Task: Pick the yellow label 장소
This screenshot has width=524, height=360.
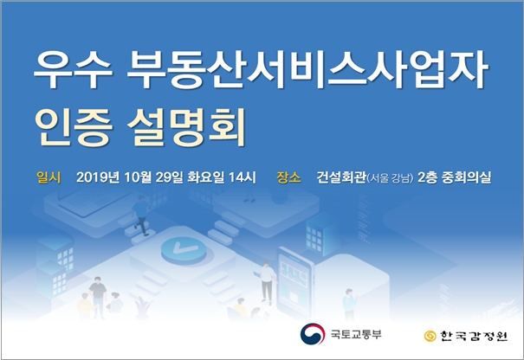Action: point(289,178)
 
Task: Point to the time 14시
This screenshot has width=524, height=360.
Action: point(253,178)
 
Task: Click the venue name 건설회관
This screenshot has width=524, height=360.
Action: point(340,178)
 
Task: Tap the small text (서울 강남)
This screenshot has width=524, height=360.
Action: point(389,179)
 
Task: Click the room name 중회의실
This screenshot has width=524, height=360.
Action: point(468,178)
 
